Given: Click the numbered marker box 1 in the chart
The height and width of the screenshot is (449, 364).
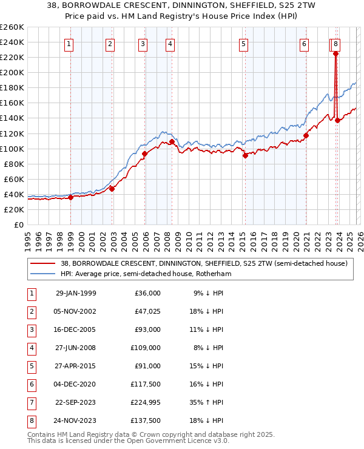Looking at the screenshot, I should click(70, 44).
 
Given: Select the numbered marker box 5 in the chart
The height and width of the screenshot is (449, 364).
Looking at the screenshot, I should click(243, 44).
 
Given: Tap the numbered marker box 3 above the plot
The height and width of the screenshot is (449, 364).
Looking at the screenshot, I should click(142, 44).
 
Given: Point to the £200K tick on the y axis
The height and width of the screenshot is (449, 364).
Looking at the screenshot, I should click(12, 72).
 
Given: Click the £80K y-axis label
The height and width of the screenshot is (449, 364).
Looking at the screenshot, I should click(14, 164).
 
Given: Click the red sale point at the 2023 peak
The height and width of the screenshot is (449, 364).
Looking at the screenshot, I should click(335, 53).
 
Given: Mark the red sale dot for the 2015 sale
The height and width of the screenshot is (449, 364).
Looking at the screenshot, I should click(245, 155).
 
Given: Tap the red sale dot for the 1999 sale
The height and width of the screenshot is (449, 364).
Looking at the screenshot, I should click(71, 197).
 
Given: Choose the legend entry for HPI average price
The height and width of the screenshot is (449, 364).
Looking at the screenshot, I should click(146, 274).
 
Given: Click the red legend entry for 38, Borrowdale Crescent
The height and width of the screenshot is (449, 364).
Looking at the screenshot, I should click(203, 263).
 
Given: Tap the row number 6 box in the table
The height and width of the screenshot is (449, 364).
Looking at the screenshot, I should click(30, 384).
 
